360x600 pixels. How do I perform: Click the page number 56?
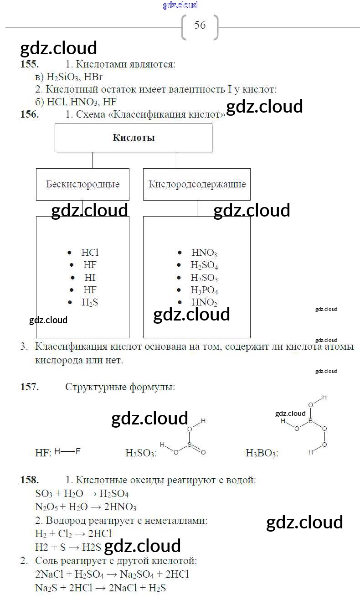click(x=200, y=25)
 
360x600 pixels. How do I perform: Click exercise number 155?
click(x=30, y=64)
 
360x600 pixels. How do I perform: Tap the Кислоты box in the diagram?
click(x=134, y=138)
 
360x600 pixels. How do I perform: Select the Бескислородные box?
click(x=82, y=184)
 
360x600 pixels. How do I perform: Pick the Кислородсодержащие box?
click(x=197, y=184)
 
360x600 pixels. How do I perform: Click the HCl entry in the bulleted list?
click(x=90, y=253)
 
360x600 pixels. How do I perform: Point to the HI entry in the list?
click(x=90, y=277)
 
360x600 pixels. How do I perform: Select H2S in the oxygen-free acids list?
click(x=90, y=302)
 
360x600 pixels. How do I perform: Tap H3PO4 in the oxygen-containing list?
click(x=204, y=290)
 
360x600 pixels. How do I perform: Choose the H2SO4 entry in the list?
click(x=204, y=265)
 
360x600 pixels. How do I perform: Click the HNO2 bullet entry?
click(x=204, y=302)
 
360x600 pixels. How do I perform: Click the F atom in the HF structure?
click(x=78, y=451)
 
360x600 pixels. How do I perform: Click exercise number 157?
click(x=30, y=387)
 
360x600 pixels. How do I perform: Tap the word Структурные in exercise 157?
click(x=94, y=387)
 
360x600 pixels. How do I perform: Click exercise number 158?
click(x=30, y=480)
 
